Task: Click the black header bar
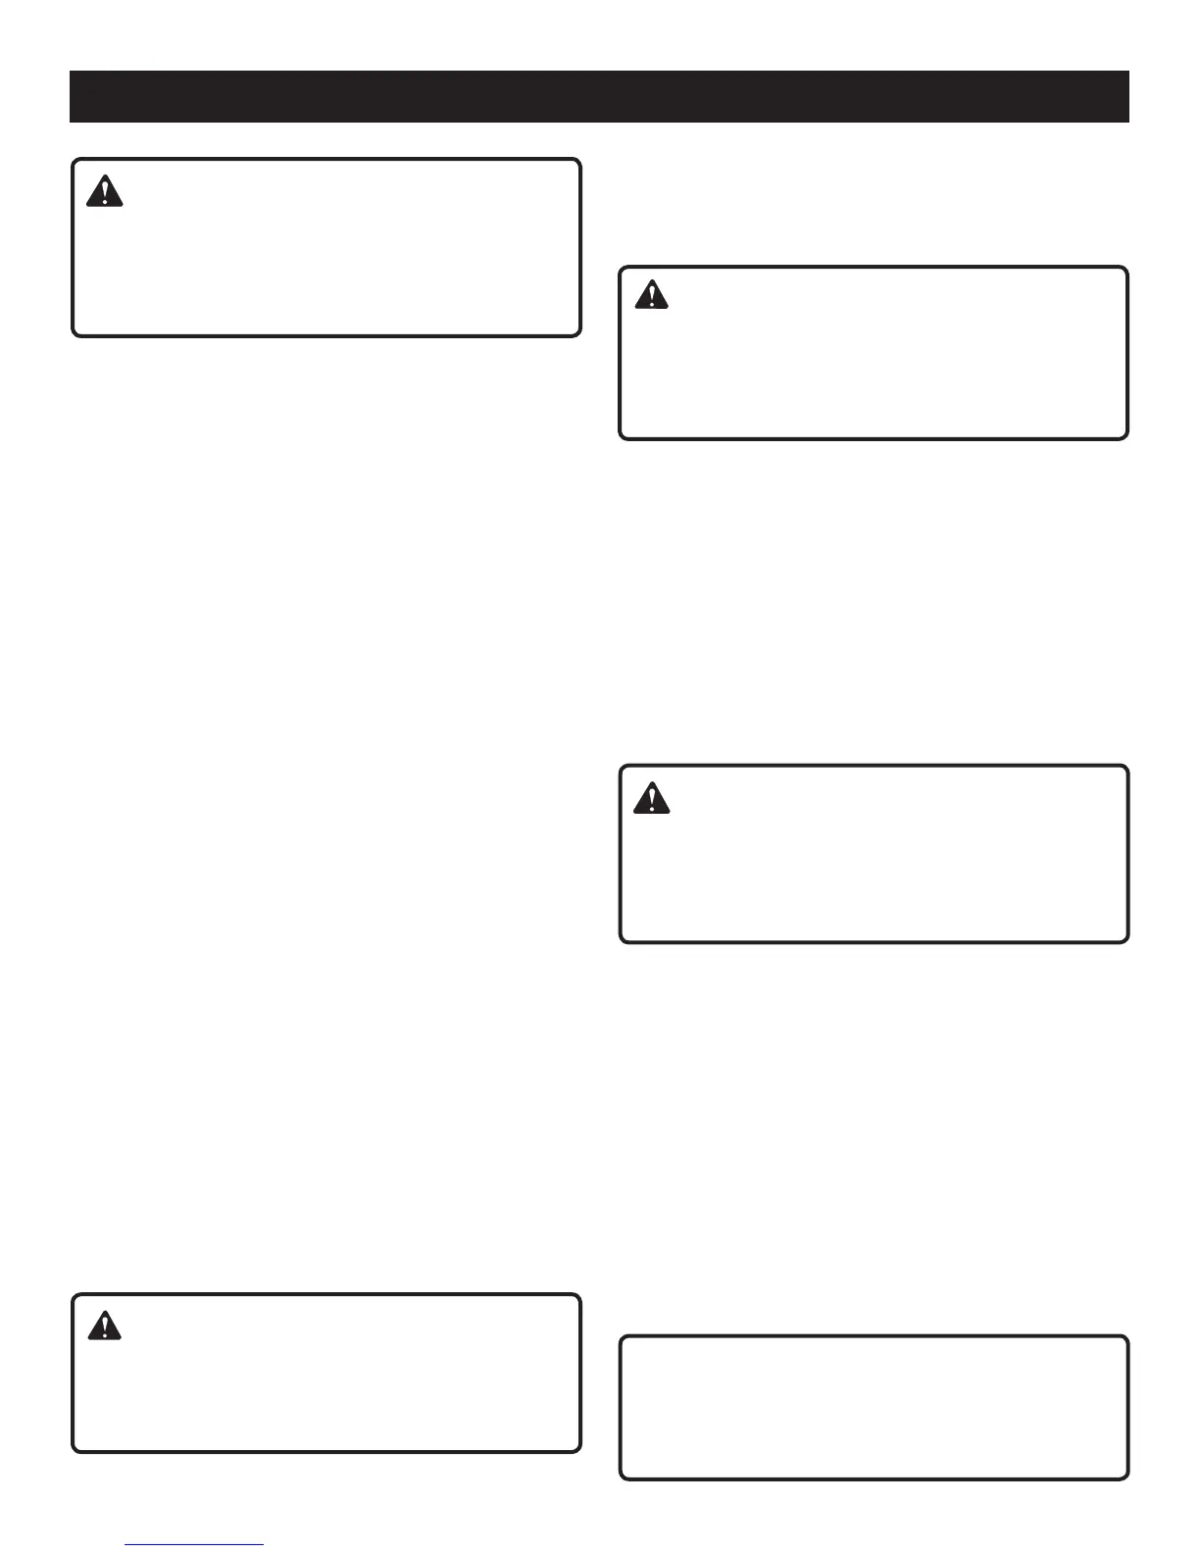(x=599, y=96)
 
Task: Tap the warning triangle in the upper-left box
(x=105, y=191)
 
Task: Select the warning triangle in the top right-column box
(x=651, y=295)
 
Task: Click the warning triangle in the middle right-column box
(x=651, y=799)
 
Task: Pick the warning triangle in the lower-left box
(x=104, y=1326)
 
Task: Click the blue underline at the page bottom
(x=195, y=1545)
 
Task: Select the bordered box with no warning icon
(x=874, y=1407)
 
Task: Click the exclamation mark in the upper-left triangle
(x=105, y=193)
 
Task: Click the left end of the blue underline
(x=127, y=1545)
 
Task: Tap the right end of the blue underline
(x=263, y=1545)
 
